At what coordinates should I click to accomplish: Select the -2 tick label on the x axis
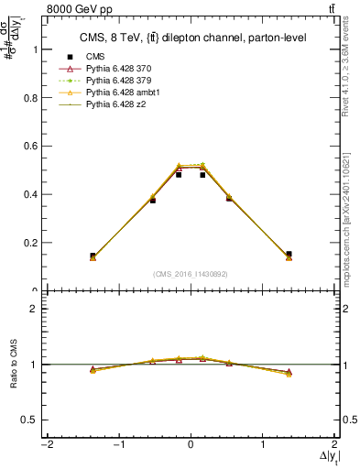point(45,445)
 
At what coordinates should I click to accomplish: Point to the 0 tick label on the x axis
point(191,445)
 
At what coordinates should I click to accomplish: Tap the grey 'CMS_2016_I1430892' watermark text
point(191,273)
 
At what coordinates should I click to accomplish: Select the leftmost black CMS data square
point(93,256)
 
